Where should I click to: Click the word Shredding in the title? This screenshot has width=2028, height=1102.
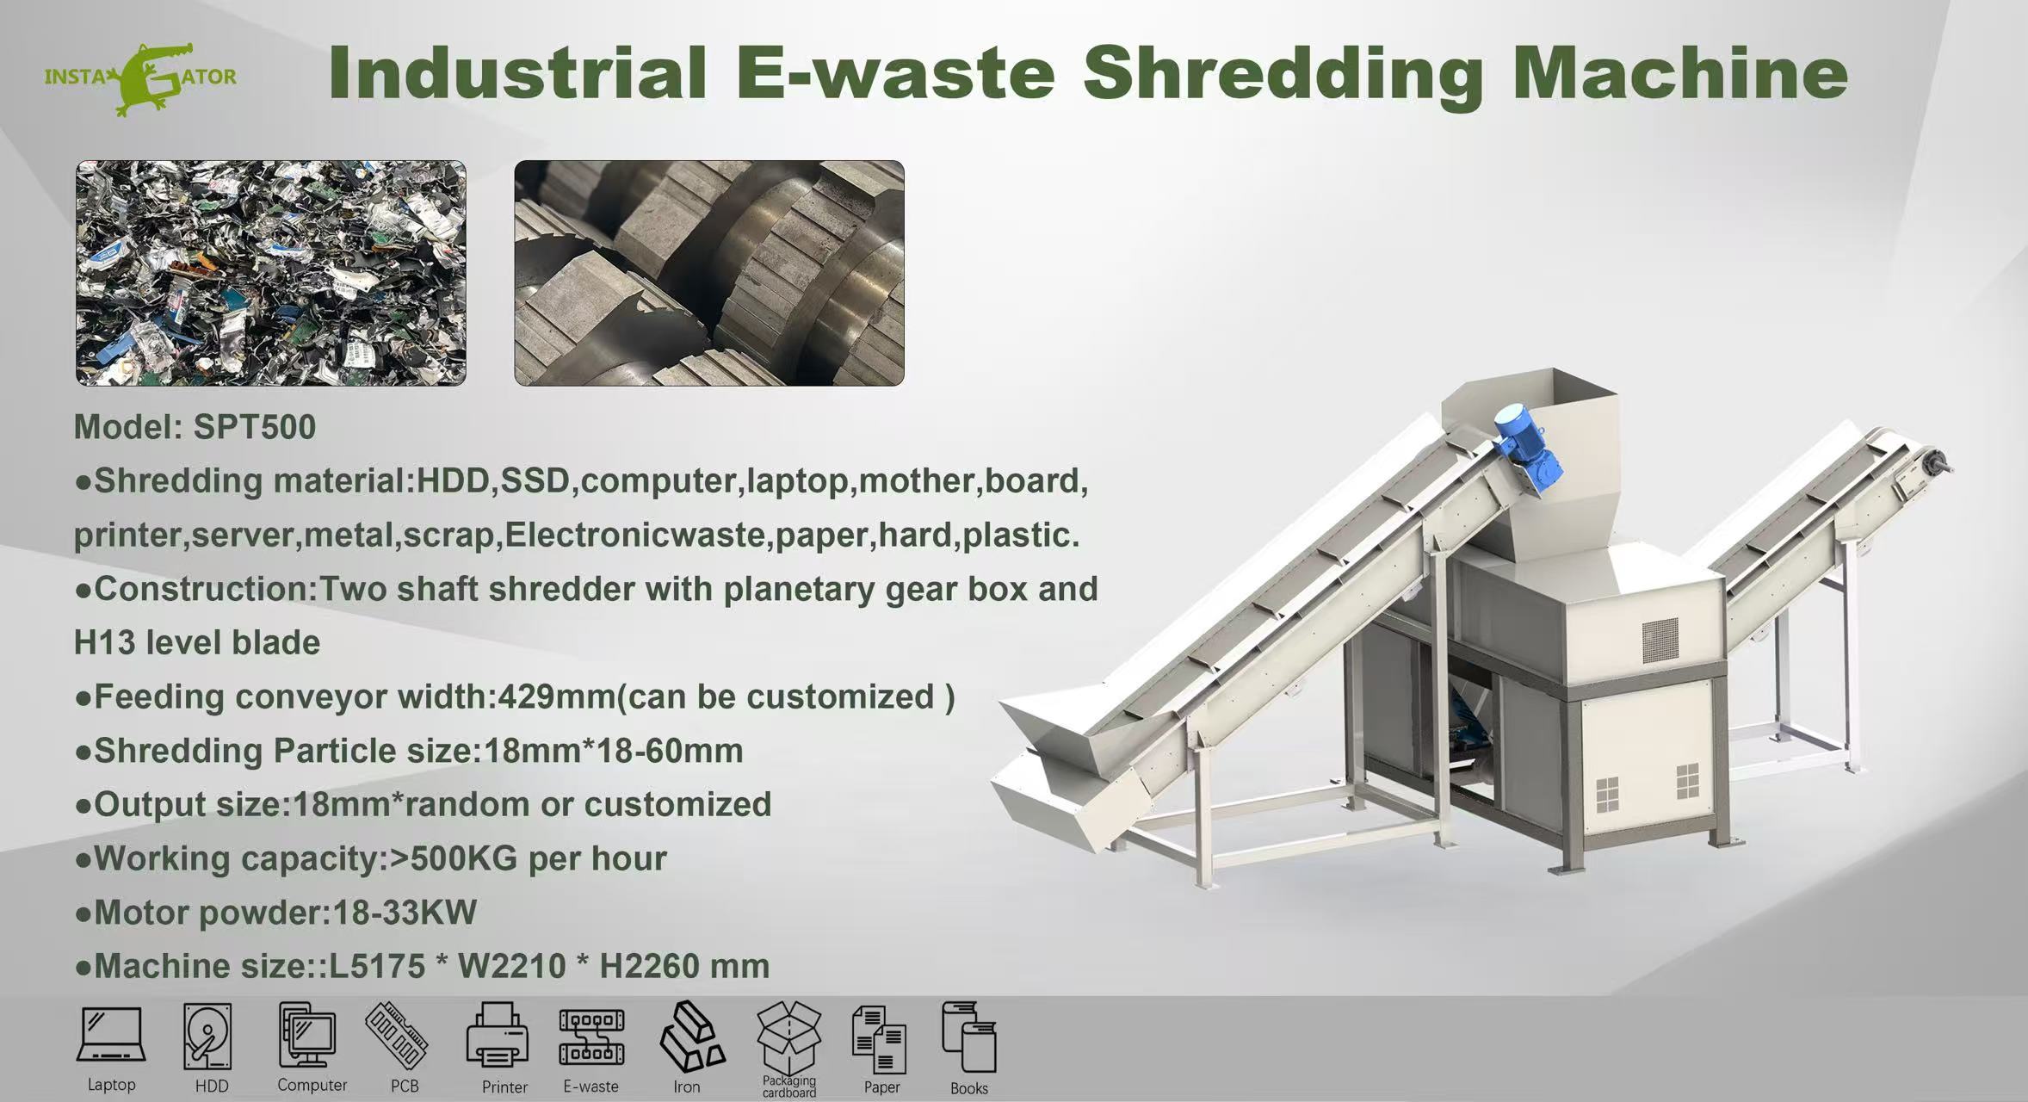[x=1283, y=73]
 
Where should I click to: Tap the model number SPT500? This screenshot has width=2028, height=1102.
[x=255, y=427]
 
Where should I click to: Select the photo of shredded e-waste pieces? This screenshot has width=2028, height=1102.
[x=270, y=273]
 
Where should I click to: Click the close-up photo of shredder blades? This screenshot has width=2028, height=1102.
[x=708, y=273]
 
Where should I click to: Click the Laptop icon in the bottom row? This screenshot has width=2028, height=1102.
[x=111, y=1035]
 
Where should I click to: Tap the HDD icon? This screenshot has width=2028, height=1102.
[x=207, y=1037]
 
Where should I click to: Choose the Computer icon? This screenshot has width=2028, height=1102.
[x=308, y=1035]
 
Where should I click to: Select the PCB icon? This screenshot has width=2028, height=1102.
[x=397, y=1035]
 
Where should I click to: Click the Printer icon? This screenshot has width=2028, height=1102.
[x=498, y=1037]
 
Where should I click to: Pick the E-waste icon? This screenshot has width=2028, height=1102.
[x=591, y=1037]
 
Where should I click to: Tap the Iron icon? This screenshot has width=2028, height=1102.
[x=690, y=1037]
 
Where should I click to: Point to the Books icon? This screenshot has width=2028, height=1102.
[x=968, y=1037]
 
